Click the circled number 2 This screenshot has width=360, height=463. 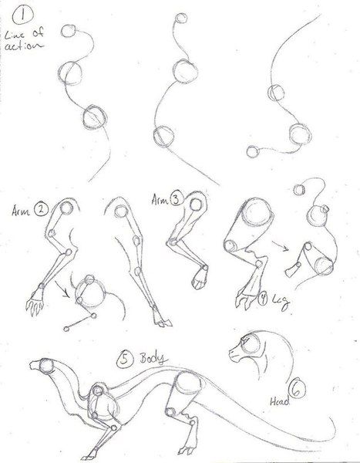(40, 208)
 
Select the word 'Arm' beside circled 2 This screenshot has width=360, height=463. (21, 208)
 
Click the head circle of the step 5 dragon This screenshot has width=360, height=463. (44, 368)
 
